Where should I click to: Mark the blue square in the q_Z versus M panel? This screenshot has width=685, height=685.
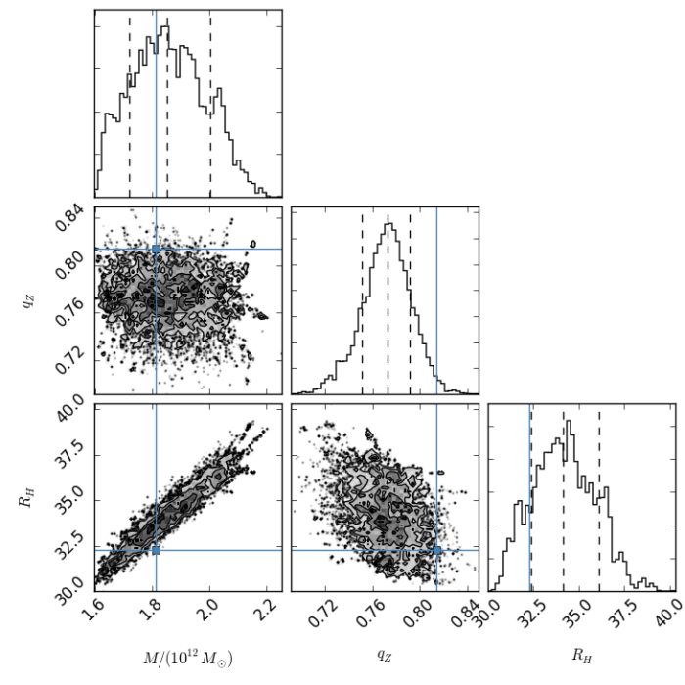(156, 250)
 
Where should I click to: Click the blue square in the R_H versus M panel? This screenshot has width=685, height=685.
(156, 550)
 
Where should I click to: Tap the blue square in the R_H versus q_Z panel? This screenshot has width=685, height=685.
(436, 550)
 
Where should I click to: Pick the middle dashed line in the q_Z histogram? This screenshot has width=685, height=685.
(388, 303)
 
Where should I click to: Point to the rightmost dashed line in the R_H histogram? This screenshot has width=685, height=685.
(598, 499)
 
